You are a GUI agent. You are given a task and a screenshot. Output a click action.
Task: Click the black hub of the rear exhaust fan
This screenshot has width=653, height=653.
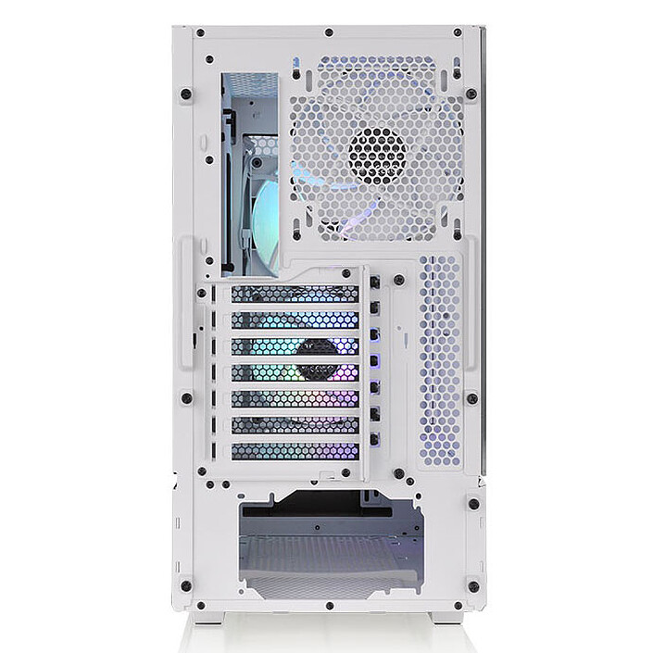pos(377,153)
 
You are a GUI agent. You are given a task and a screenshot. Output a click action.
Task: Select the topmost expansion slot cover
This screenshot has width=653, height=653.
pos(295,294)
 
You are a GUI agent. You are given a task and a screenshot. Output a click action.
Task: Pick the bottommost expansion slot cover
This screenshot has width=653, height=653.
pos(295,451)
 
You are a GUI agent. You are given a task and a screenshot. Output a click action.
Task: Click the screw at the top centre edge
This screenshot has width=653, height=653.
pos(331,33)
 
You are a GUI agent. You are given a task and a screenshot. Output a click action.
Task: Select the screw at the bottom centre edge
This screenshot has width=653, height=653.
pos(331,607)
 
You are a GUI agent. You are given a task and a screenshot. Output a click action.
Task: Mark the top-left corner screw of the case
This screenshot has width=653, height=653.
pos(198,35)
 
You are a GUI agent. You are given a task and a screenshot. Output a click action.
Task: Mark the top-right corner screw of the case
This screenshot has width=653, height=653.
pos(460,35)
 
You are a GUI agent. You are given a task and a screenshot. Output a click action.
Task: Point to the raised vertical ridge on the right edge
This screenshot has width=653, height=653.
pos(471,306)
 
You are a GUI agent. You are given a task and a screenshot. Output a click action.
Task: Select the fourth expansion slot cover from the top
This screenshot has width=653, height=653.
pos(295,372)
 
